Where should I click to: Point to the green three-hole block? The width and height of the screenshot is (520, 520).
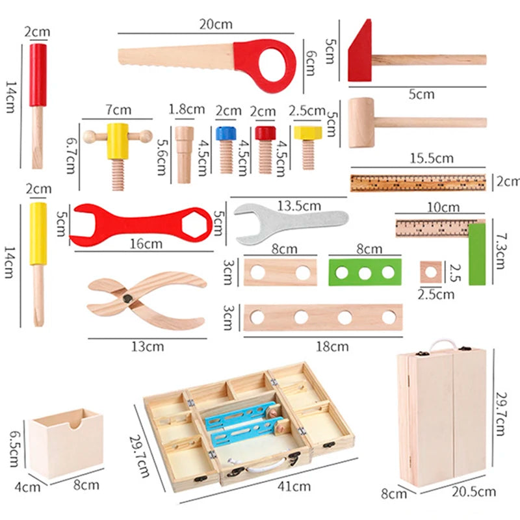pyautogui.click(x=362, y=272)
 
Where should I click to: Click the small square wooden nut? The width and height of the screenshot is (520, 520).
pyautogui.click(x=430, y=271)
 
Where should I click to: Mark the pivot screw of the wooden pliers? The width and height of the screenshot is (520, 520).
pyautogui.click(x=128, y=298)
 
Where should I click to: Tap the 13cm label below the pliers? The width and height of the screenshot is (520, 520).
pyautogui.click(x=149, y=346)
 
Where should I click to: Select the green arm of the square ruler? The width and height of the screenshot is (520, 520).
pyautogui.click(x=476, y=253)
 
